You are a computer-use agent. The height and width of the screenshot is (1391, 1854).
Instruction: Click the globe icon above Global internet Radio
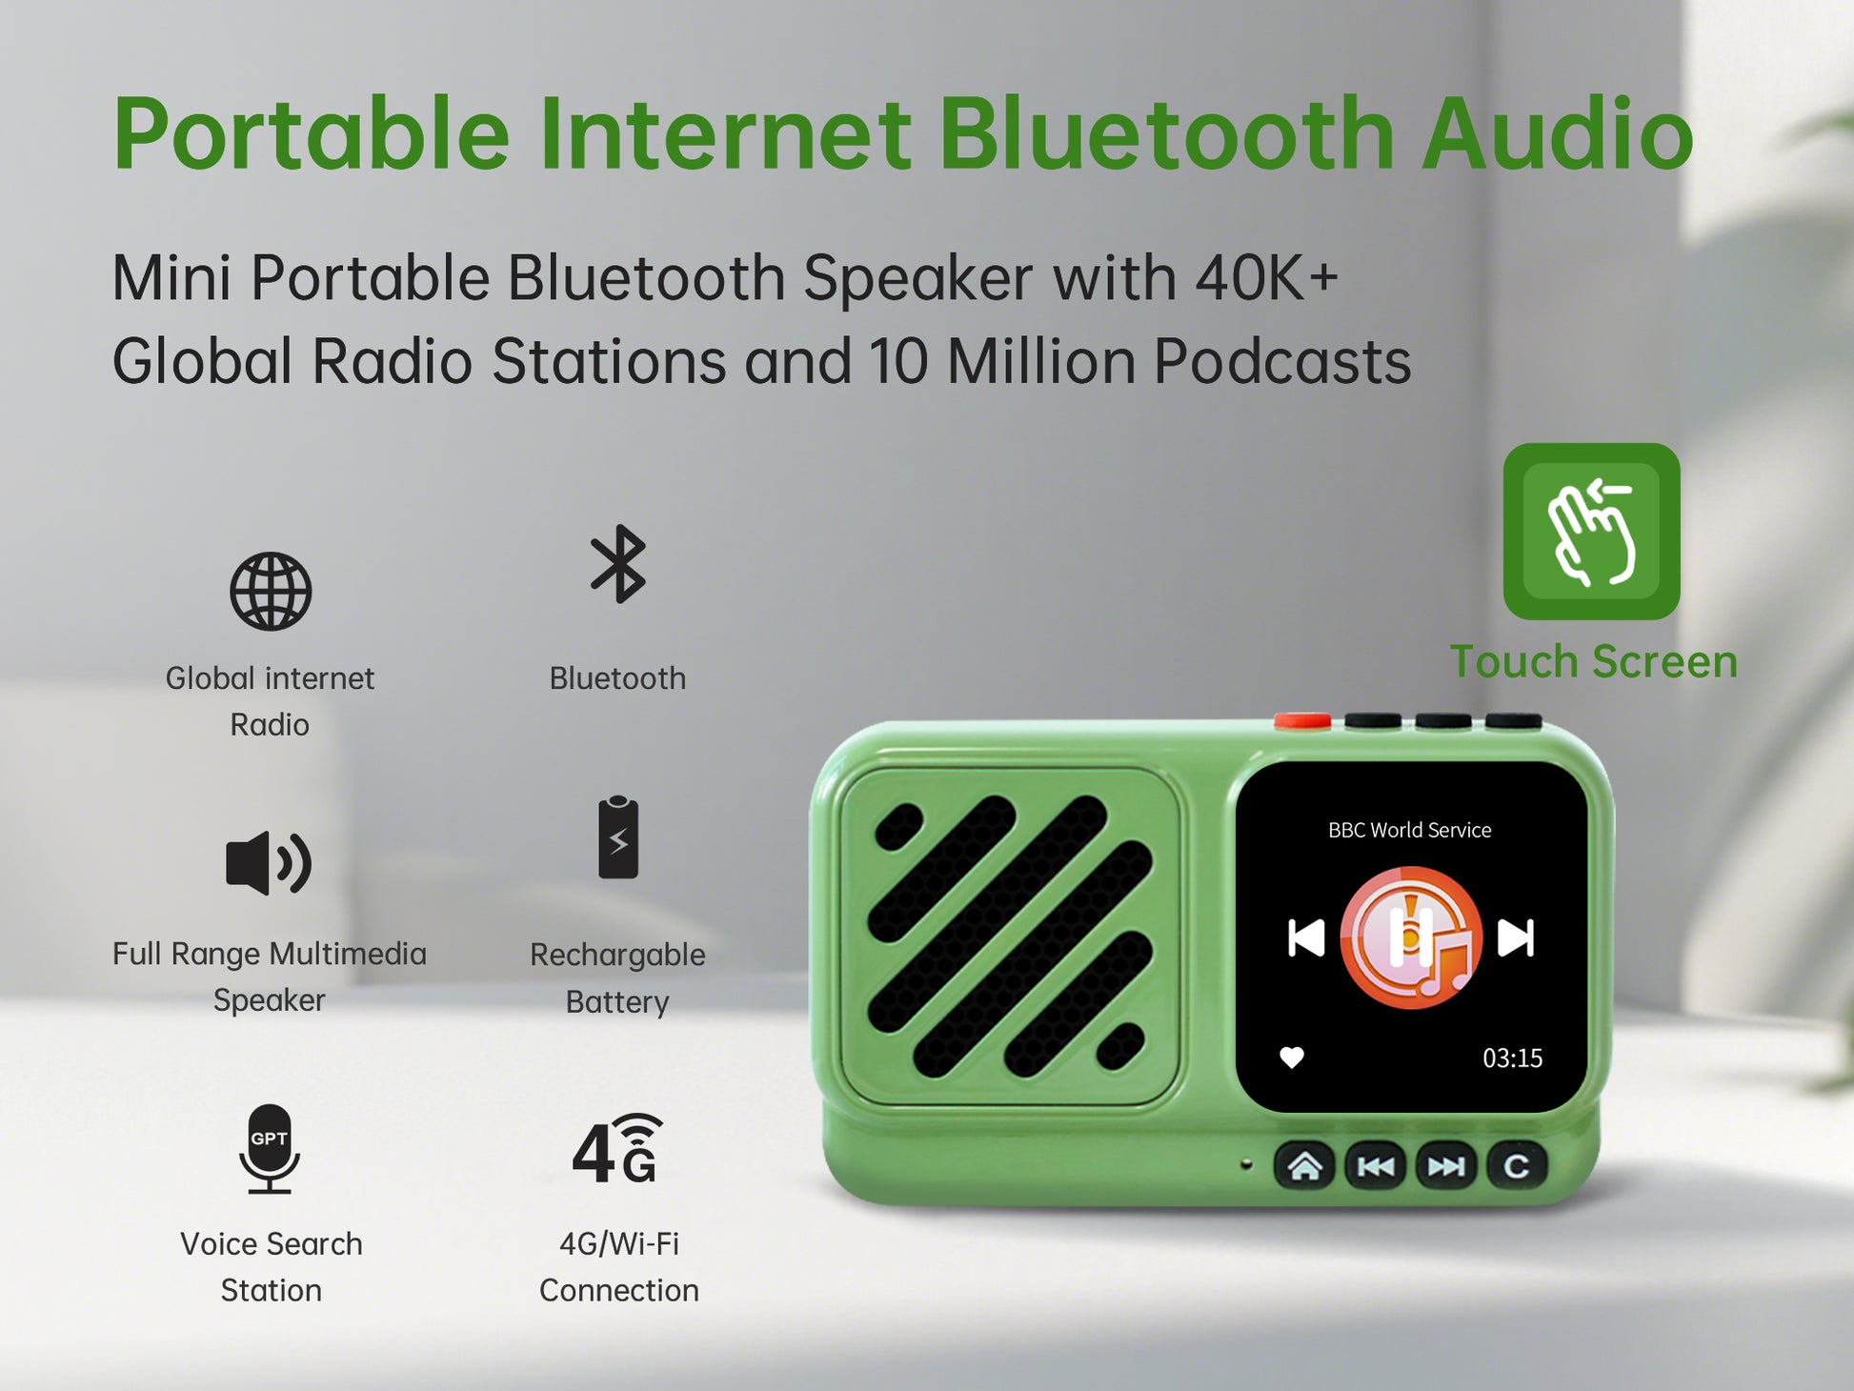271,591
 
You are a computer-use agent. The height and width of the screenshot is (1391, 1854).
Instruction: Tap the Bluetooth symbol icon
618,564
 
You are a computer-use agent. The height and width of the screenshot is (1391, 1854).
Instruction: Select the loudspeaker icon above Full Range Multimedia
269,862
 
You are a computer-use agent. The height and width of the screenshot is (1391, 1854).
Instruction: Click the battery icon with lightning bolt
618,837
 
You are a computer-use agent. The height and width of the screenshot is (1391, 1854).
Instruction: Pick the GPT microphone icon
270,1149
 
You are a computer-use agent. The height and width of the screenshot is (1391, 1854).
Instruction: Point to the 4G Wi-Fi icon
617,1148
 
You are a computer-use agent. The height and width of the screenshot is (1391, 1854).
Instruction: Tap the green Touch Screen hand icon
1591,532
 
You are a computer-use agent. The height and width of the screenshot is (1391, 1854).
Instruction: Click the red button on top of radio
1302,721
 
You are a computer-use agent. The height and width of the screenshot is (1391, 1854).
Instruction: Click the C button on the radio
1516,1166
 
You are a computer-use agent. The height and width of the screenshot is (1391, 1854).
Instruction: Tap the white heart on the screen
1292,1058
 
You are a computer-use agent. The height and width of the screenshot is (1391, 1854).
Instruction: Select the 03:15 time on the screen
1512,1058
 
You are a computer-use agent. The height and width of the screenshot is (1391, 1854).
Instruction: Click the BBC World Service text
1410,830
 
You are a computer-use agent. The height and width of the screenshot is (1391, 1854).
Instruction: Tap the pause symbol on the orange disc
1411,937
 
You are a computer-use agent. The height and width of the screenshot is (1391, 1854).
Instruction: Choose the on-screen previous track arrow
1306,937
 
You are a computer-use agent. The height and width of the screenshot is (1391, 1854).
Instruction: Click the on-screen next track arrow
1516,937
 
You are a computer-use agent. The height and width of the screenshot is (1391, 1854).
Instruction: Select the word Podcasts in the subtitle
1282,362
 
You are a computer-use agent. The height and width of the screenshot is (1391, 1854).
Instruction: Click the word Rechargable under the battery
617,956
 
